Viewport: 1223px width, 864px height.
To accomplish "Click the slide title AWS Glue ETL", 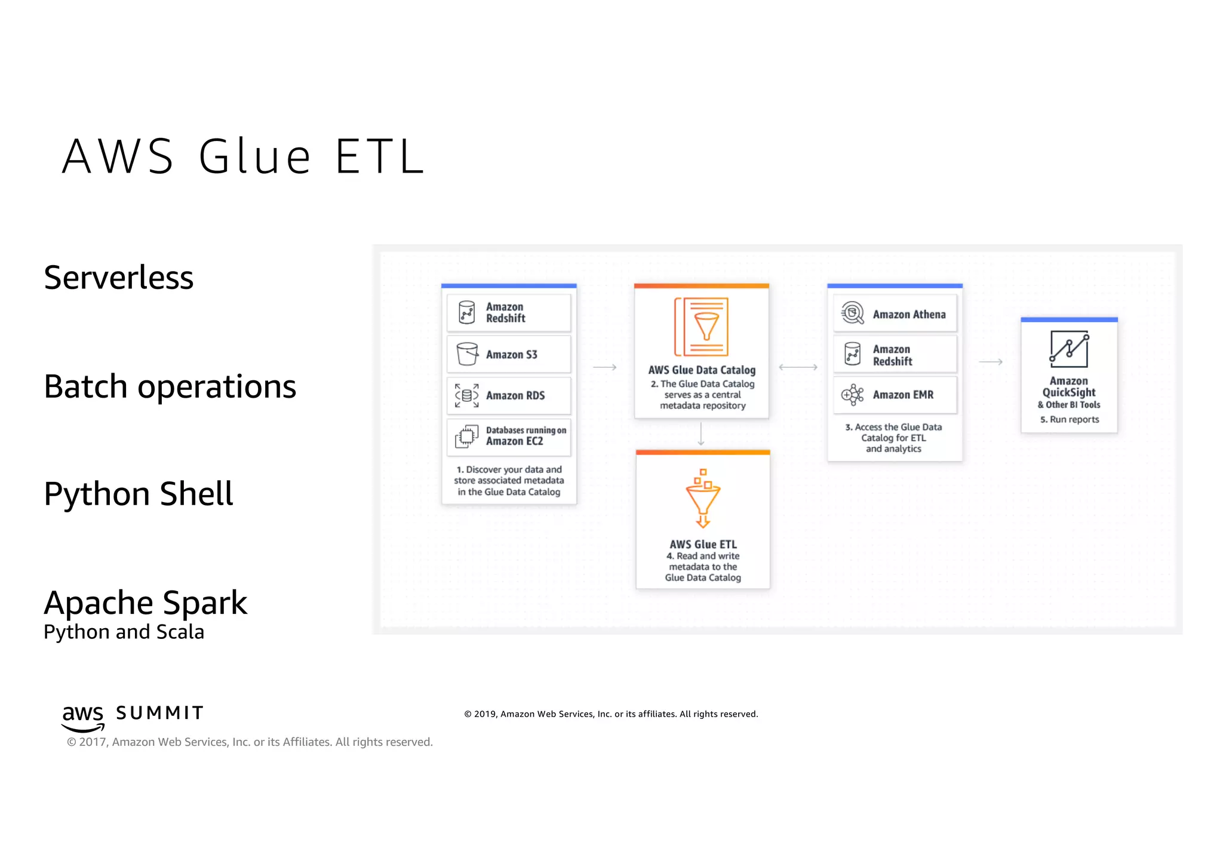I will (x=243, y=156).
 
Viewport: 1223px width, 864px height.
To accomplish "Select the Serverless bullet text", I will (x=119, y=278).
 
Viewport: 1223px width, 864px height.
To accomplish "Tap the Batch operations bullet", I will (x=170, y=386).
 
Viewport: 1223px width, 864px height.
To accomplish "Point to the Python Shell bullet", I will (x=139, y=494).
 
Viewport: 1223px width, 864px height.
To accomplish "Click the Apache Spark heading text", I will (x=145, y=602).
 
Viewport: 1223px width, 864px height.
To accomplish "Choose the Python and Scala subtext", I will (x=124, y=632).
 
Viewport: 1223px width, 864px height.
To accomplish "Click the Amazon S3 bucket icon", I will (x=467, y=354).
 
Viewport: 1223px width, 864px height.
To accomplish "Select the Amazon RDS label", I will (x=515, y=395).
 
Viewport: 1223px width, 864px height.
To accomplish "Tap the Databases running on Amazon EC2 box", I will (x=509, y=436).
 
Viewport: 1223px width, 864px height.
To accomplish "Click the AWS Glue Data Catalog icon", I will (x=702, y=326).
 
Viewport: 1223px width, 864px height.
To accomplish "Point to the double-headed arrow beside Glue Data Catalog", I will (x=798, y=367).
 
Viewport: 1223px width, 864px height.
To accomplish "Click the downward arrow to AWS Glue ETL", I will (x=701, y=434).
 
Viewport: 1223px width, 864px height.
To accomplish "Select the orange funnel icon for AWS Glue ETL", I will (x=703, y=499).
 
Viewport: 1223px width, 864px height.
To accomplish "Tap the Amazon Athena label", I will (x=909, y=314).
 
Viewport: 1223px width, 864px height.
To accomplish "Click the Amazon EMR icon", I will (x=853, y=395).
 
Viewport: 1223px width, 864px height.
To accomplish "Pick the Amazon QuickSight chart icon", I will (x=1069, y=349).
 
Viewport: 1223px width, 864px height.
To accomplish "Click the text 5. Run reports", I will (x=1070, y=419).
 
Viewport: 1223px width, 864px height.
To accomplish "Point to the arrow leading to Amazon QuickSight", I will (x=991, y=362).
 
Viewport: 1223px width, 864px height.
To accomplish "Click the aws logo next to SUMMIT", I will (x=83, y=717).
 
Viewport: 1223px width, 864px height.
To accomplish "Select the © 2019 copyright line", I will (x=611, y=714).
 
